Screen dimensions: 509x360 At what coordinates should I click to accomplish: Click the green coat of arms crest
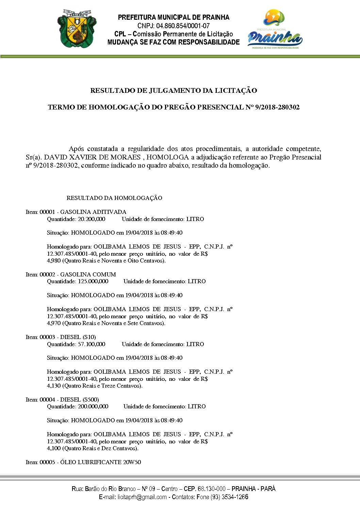click(77, 28)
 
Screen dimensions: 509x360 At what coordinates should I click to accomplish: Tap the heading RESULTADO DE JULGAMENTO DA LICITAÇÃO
click(174, 90)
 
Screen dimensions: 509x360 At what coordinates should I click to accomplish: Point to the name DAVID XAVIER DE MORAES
click(93, 157)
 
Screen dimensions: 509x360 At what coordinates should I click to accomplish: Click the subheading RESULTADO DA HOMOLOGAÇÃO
click(114, 198)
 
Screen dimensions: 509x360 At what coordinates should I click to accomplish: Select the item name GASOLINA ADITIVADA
click(93, 212)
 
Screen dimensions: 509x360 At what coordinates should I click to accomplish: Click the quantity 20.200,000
click(92, 219)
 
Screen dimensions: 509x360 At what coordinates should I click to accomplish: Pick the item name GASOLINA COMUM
click(88, 274)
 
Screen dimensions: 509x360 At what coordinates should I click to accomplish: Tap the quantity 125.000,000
click(93, 281)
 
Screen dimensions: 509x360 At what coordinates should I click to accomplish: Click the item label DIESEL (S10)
click(78, 337)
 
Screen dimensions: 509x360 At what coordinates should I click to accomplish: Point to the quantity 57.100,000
click(92, 344)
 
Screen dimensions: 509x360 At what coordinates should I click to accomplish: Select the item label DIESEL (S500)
click(80, 400)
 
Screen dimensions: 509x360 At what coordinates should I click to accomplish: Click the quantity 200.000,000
click(93, 406)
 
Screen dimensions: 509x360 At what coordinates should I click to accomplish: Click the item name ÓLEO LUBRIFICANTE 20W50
click(101, 462)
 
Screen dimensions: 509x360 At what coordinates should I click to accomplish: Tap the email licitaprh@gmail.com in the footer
click(142, 497)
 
